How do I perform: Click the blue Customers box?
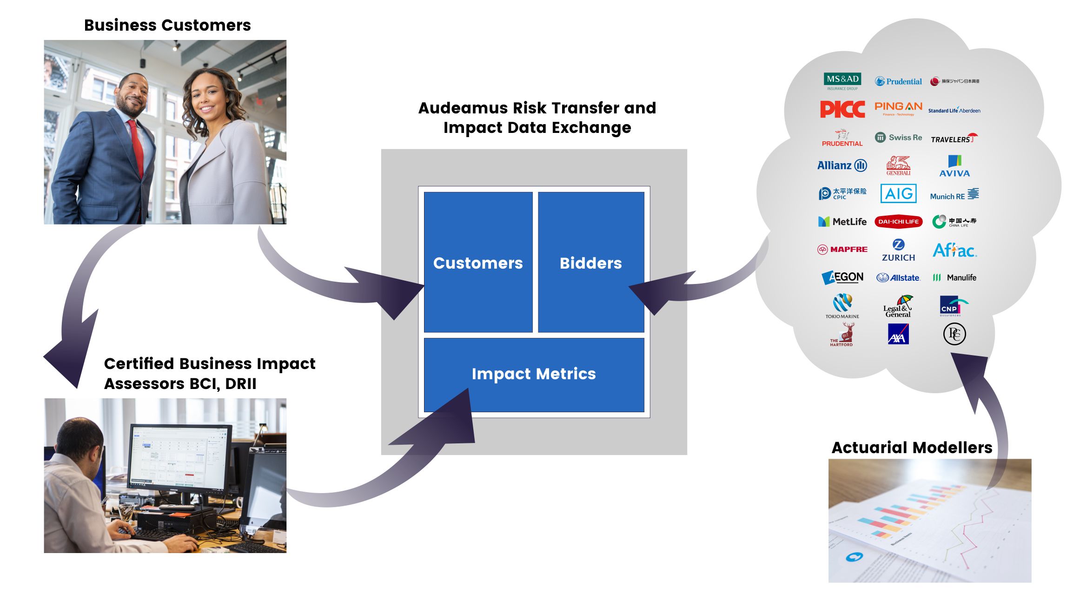tap(478, 262)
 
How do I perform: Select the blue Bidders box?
tap(590, 262)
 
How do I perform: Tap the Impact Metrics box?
tap(534, 374)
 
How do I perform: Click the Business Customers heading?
tap(167, 25)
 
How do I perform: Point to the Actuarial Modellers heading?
tap(912, 447)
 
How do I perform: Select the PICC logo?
tap(842, 109)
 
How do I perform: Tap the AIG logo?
tap(898, 193)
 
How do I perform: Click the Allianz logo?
tap(842, 165)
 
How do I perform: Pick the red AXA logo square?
tap(898, 334)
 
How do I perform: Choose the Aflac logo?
tap(954, 251)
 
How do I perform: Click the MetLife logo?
tap(842, 222)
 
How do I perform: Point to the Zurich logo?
tap(898, 251)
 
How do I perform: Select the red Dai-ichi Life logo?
tap(898, 222)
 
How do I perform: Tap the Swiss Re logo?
tap(898, 138)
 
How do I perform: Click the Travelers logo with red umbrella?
tap(954, 138)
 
